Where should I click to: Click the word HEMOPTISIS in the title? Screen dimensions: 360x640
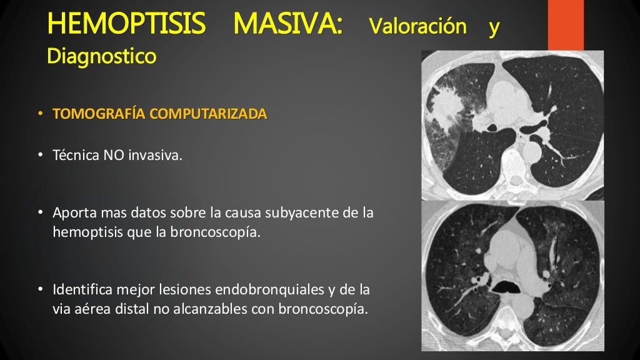(126, 25)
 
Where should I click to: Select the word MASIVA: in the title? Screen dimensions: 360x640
(287, 25)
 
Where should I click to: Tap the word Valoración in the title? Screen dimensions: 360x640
(417, 27)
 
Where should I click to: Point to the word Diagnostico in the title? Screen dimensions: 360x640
(101, 56)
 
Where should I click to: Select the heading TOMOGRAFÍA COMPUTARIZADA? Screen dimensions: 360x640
(160, 114)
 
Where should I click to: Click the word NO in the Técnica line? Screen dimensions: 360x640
(114, 156)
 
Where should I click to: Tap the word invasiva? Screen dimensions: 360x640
(155, 156)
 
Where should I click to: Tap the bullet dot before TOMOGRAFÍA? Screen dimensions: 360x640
(39, 115)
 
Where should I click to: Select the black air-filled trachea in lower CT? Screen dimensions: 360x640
(507, 288)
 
